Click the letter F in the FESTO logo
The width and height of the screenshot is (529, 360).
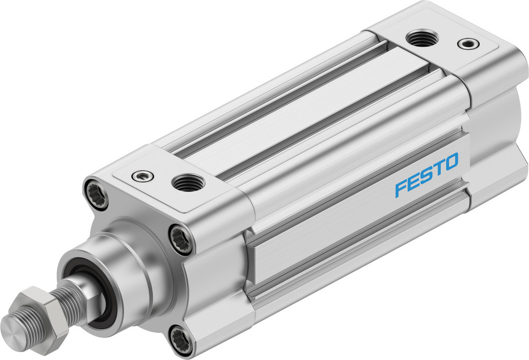click(400, 190)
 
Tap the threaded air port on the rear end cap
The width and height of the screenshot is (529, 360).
click(421, 38)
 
